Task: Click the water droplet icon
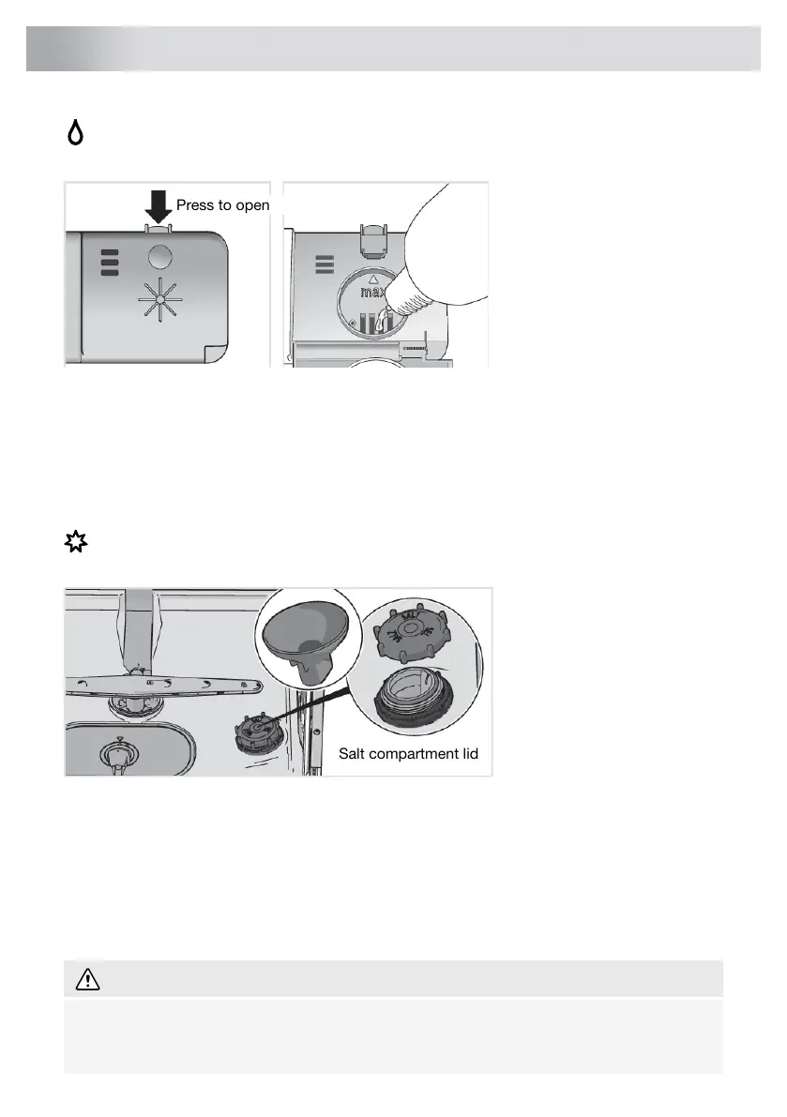point(74,135)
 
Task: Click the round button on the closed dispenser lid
point(159,257)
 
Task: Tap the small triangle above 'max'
point(375,279)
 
